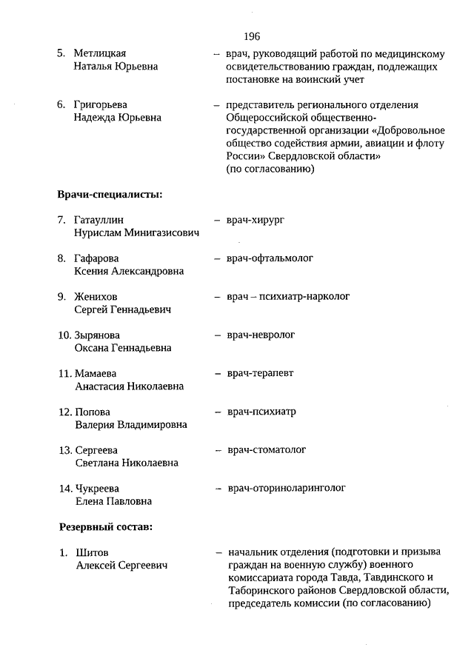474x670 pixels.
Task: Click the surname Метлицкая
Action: (x=100, y=54)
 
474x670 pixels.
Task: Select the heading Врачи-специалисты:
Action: (x=110, y=195)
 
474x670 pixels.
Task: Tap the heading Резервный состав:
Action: (x=105, y=527)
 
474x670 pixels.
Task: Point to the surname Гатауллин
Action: (x=99, y=220)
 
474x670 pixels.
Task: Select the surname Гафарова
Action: (x=96, y=258)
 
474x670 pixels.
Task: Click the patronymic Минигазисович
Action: (x=163, y=232)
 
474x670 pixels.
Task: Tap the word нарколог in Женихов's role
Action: (x=324, y=296)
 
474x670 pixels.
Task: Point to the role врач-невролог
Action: (x=261, y=335)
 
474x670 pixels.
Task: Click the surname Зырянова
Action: (x=97, y=335)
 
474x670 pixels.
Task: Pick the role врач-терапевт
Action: (x=260, y=373)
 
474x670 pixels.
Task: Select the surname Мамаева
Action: (x=96, y=374)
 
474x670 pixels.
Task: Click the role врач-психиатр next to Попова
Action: (x=261, y=412)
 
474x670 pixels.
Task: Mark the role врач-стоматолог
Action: (x=267, y=449)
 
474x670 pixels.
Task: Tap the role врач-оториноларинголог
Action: (x=286, y=488)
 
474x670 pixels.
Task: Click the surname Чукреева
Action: (x=97, y=489)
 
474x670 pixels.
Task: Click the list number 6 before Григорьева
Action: (x=62, y=104)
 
